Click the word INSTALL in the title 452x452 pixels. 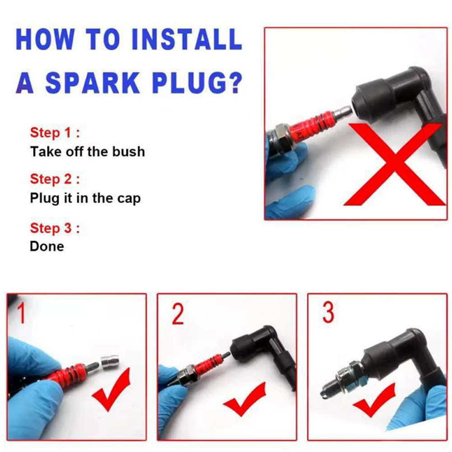[186, 39]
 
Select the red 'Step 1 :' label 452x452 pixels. [55, 133]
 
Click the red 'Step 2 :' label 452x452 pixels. [55, 179]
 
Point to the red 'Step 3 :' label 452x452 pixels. [55, 228]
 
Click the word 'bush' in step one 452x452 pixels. [128, 152]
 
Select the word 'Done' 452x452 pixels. [47, 247]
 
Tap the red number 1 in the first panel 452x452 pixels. [22, 313]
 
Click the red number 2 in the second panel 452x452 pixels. [177, 314]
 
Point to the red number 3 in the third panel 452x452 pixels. [328, 312]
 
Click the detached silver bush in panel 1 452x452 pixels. [110, 362]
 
